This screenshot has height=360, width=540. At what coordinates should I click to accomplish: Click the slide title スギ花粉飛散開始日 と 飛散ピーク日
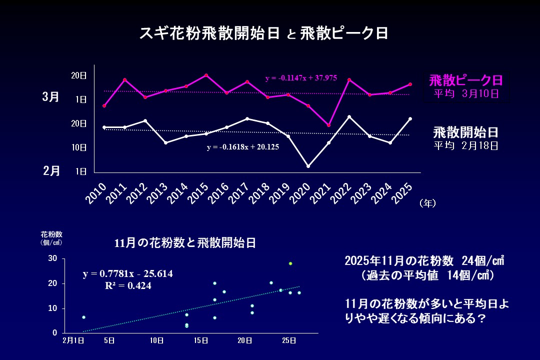263,33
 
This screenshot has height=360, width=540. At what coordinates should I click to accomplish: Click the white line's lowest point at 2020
308,166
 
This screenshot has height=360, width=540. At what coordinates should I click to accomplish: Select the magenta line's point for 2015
206,75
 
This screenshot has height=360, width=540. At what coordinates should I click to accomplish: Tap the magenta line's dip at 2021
328,125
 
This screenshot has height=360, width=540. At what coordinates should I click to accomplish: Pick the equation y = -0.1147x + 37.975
301,78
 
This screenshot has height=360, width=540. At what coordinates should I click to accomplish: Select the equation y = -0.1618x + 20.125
243,147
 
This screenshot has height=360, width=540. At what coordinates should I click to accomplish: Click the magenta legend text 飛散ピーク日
465,80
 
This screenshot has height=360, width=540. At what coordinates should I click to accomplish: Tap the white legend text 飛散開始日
465,132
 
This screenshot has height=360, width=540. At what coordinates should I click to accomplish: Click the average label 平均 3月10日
465,93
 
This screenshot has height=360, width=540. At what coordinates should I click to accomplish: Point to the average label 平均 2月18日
465,145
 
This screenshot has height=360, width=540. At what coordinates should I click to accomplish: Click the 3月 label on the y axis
50,96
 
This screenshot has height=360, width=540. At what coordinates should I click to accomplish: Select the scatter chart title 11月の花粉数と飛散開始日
185,243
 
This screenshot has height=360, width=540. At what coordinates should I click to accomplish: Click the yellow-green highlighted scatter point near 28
290,263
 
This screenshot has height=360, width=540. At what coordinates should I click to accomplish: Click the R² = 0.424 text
128,286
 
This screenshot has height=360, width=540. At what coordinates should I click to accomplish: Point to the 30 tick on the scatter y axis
52,258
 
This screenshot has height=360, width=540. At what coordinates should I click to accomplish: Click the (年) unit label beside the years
428,202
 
